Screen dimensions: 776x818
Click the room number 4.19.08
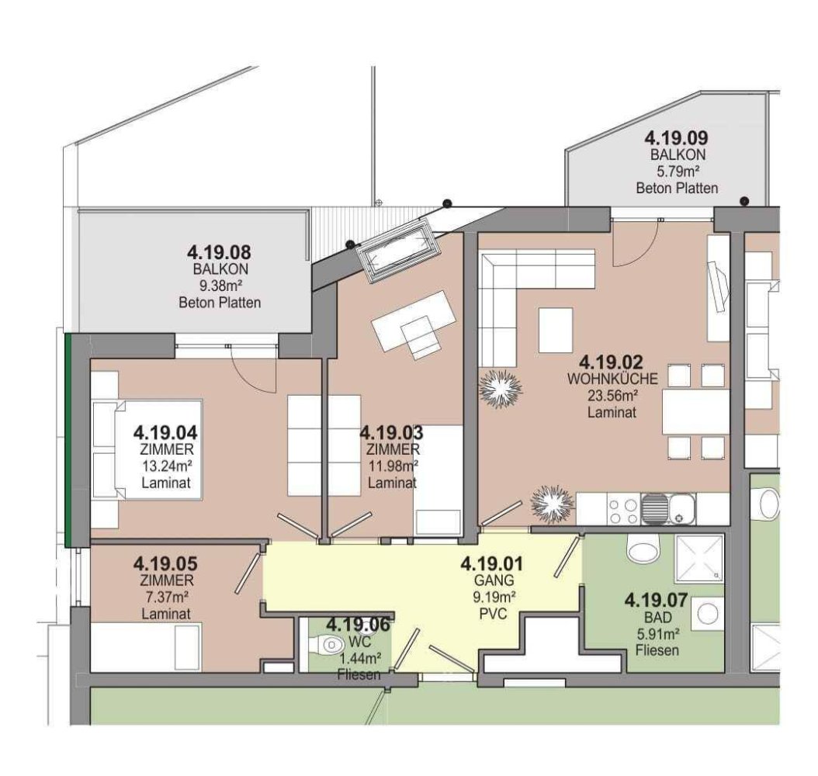tap(220, 252)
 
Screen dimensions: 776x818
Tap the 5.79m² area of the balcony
tap(676, 171)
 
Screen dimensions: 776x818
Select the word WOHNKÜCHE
tap(613, 379)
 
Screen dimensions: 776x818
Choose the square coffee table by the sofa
tap(556, 329)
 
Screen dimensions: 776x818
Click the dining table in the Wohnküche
tap(695, 411)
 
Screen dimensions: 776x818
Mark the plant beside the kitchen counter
tap(552, 505)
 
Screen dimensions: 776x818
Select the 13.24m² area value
tap(163, 466)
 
